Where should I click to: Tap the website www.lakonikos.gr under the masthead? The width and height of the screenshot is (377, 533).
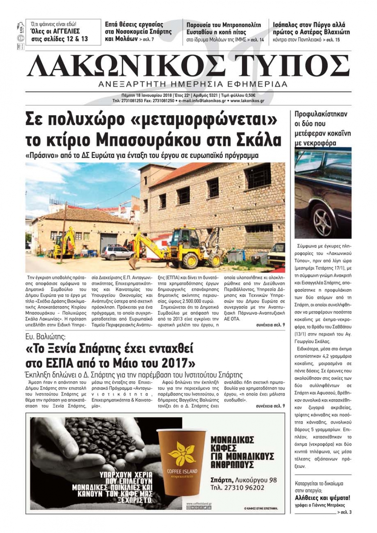[247, 101]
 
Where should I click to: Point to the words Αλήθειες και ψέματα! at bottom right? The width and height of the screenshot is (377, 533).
[322, 498]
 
